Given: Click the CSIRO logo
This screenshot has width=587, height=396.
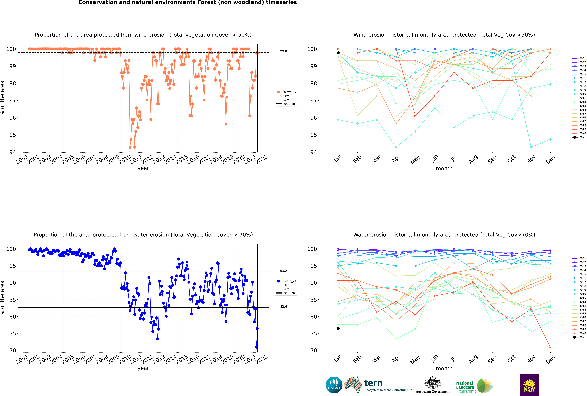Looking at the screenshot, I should point(334,385).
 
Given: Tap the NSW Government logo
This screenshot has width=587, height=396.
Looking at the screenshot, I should point(529,385).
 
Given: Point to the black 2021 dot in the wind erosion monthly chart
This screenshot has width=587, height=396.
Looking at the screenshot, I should point(338,53).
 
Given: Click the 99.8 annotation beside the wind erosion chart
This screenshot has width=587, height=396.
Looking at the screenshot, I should point(283,51).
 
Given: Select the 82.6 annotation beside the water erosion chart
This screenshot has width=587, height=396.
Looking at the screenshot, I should point(283,307).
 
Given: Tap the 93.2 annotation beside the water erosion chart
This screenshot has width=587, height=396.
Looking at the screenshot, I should point(283,271).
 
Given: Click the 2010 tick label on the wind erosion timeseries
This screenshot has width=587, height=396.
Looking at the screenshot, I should point(125,160).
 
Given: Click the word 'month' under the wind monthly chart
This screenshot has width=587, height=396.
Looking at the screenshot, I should point(444,168).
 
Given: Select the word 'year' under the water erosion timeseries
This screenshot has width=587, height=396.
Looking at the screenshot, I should point(143,368).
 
